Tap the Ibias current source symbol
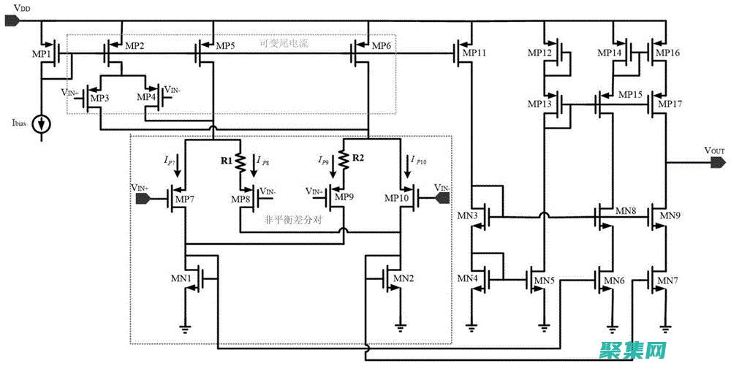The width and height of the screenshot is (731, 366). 45,123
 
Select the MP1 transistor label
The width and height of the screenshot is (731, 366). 41,54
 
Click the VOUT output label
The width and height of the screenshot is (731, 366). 714,150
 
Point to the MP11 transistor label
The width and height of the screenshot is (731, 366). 474,54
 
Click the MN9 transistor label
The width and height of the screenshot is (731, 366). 670,216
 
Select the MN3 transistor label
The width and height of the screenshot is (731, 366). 468,216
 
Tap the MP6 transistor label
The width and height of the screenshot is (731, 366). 382,46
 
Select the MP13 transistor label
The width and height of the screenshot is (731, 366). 540,104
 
